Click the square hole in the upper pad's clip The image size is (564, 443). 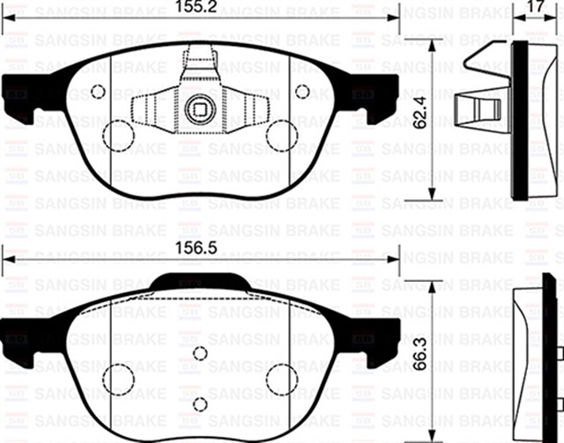(199, 111)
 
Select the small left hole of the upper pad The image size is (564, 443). (98, 91)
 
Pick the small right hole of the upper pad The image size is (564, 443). (301, 91)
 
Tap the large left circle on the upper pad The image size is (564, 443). (117, 135)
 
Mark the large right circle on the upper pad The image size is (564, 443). (282, 135)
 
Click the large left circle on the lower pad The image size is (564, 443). (117, 379)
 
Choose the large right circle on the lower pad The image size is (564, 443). (282, 379)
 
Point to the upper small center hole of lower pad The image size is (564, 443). (200, 353)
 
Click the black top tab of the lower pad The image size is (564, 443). (199, 282)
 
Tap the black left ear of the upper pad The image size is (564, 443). (19, 94)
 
